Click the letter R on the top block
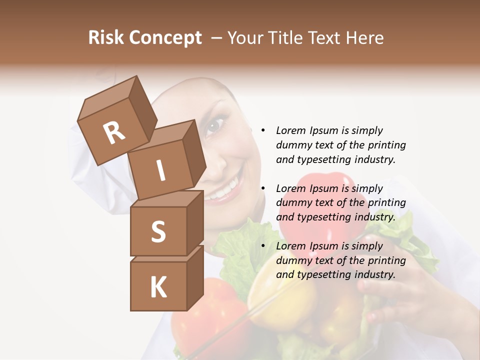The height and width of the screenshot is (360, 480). click(x=114, y=133)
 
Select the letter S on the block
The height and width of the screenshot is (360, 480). click(x=158, y=231)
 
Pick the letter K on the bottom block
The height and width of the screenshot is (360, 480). click(x=158, y=287)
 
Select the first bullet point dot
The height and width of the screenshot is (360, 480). click(x=262, y=131)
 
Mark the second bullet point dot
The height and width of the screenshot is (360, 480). click(x=262, y=189)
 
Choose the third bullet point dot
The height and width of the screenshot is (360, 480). click(x=262, y=246)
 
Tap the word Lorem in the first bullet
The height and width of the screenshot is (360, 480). click(x=291, y=131)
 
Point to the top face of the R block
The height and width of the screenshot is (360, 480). click(x=108, y=97)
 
